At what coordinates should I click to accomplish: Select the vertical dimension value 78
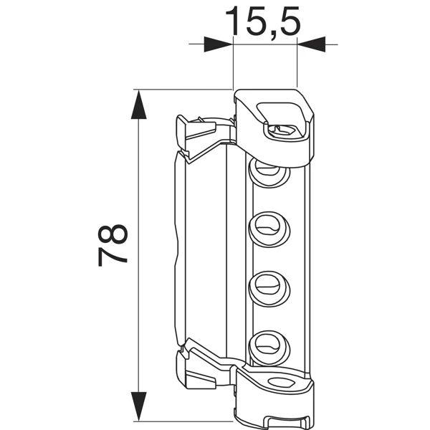click(x=113, y=246)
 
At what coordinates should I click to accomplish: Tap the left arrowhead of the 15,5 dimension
click(x=219, y=44)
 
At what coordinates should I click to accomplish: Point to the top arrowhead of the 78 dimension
click(x=139, y=106)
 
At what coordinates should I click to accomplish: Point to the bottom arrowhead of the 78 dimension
click(x=139, y=406)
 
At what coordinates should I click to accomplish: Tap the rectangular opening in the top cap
click(x=284, y=115)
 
